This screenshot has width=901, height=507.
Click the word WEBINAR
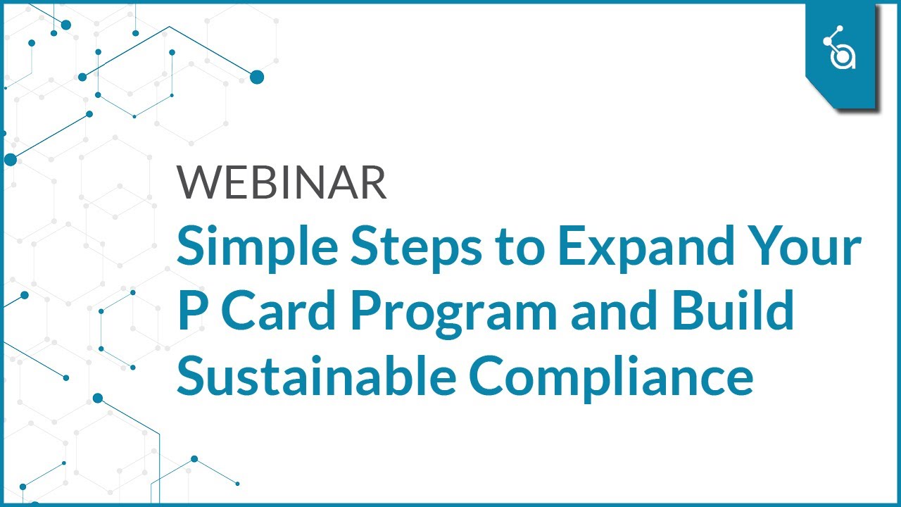coord(282,182)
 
